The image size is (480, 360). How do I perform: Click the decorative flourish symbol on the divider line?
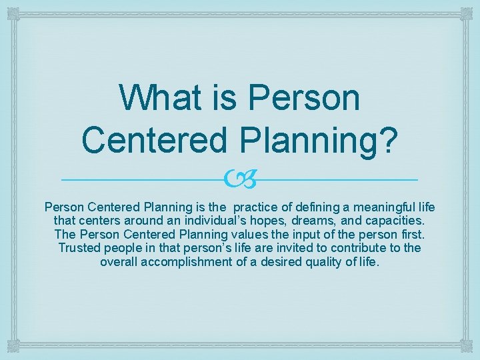click(241, 179)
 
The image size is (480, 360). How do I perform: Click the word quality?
click(326, 261)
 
